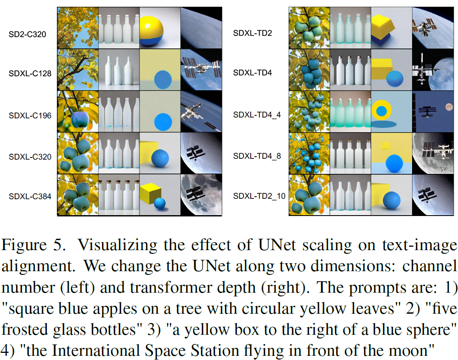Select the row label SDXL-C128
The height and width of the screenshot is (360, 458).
pos(30,74)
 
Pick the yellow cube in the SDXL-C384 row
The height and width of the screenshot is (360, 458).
pos(151,192)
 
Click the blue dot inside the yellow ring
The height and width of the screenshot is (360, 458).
pos(381,111)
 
